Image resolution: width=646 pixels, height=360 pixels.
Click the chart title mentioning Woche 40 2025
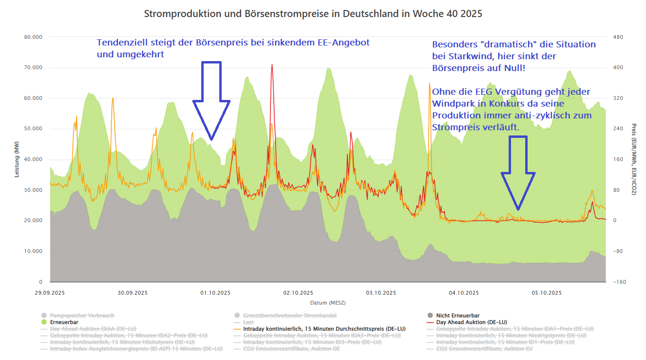tap(313, 14)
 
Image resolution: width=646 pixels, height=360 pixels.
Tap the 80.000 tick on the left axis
tap(33, 37)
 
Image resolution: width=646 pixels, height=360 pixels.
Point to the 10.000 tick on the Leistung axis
tap(33, 251)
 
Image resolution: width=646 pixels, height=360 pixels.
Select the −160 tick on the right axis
tap(619, 282)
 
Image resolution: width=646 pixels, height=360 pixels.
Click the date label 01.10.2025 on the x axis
tap(215, 293)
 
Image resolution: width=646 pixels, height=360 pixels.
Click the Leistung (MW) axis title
tap(17, 159)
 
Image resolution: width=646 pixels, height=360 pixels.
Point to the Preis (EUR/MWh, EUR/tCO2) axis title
tap(634, 159)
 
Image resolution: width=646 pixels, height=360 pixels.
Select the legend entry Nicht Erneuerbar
tap(458, 315)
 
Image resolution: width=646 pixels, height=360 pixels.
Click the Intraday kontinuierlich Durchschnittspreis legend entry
tap(324, 329)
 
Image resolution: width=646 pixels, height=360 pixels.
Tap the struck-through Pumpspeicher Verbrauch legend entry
tap(81, 315)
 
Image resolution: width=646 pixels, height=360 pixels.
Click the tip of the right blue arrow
tap(518, 209)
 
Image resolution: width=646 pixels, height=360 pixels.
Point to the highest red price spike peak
tap(272, 64)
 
